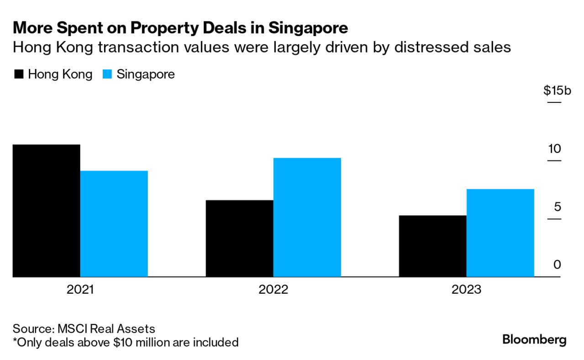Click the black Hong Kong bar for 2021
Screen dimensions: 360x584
pos(46,211)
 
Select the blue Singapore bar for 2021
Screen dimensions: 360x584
pos(114,224)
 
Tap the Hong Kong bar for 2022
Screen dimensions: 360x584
pos(239,238)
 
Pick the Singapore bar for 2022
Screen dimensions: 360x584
pos(307,217)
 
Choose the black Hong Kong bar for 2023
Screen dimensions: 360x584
pos(432,246)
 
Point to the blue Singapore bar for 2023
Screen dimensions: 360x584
pos(500,233)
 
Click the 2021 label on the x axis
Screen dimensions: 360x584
pos(80,290)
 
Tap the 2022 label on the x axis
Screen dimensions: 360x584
pos(273,290)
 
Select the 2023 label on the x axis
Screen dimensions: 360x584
pos(466,290)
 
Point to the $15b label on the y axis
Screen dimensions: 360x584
pos(557,90)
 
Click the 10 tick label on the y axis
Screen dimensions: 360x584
pos(554,149)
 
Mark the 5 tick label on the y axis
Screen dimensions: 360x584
pos(557,207)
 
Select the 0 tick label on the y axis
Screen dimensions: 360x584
pos(557,265)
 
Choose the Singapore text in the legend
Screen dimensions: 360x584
pos(145,74)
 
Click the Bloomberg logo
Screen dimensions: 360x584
pos(534,339)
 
